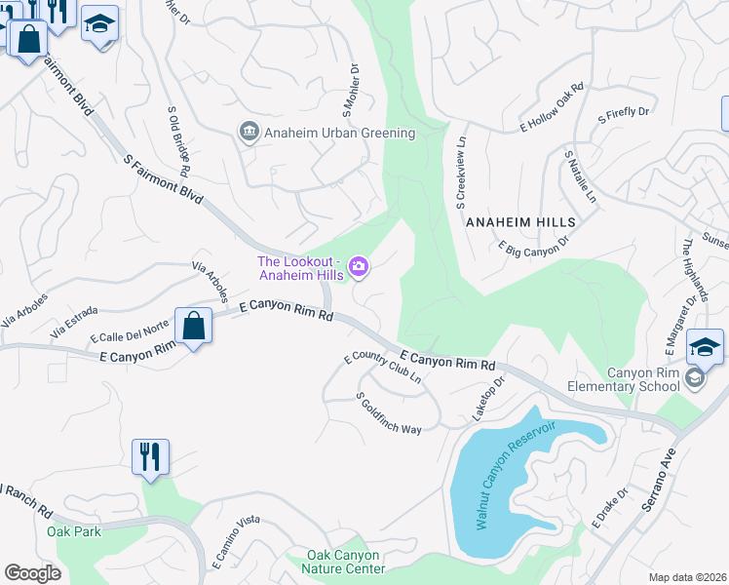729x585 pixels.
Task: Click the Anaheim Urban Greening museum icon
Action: click(249, 133)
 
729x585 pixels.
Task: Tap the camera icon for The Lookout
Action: click(359, 266)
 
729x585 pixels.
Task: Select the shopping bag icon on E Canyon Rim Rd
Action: click(194, 326)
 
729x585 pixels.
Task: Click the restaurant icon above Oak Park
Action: click(150, 456)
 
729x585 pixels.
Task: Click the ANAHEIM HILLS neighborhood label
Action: click(520, 222)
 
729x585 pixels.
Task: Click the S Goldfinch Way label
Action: click(388, 414)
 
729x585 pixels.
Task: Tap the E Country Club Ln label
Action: click(383, 367)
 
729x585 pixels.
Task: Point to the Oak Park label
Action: click(74, 531)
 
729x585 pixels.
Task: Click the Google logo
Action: click(32, 573)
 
